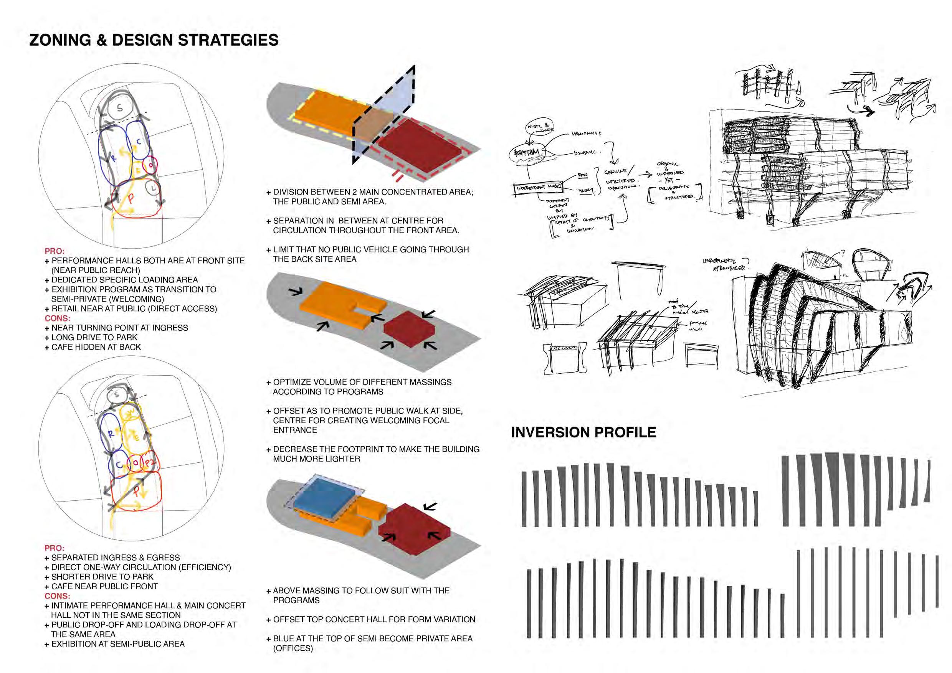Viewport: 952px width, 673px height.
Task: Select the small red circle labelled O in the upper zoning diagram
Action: (151, 165)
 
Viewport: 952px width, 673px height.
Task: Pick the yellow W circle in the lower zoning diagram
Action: (130, 411)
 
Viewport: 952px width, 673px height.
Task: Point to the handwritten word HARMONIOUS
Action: (586, 134)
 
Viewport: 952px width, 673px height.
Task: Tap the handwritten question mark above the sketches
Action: (842, 253)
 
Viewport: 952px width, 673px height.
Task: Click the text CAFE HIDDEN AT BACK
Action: (96, 347)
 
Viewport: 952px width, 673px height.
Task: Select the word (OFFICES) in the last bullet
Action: (293, 648)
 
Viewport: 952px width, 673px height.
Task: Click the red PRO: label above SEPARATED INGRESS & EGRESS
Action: (54, 548)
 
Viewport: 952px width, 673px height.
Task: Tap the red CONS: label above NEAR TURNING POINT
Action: (57, 318)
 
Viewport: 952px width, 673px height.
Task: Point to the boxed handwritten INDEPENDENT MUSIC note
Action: (538, 188)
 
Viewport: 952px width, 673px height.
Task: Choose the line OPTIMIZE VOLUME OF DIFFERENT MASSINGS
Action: (362, 382)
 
